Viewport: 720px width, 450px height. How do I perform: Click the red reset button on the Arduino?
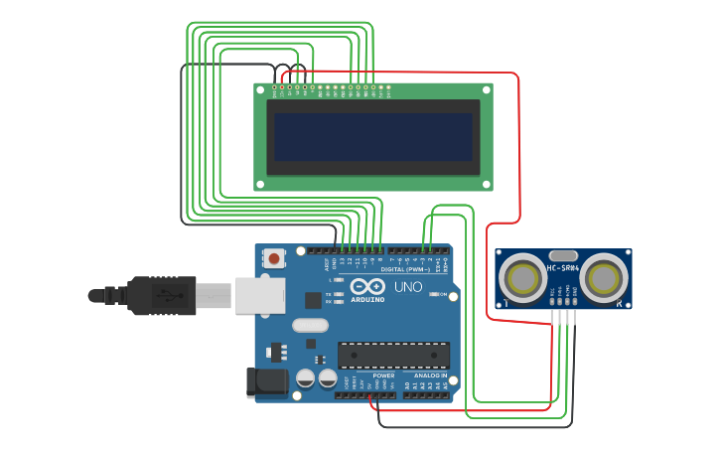pos(274,259)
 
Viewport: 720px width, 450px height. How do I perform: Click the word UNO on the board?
pos(409,287)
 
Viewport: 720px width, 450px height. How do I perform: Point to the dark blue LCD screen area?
pos(373,137)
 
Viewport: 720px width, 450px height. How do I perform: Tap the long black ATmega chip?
pos(393,355)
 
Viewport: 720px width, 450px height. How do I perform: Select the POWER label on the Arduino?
pos(383,375)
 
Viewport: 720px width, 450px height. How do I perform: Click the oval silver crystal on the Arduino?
pos(310,325)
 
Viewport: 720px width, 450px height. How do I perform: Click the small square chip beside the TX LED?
pos(314,298)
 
